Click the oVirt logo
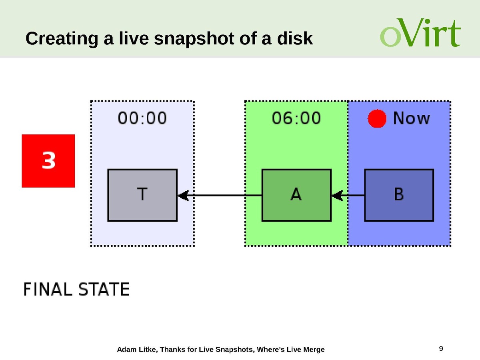[420, 33]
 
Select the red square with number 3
[48, 161]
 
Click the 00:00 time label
[142, 118]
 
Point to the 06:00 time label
[296, 118]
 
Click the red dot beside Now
[377, 118]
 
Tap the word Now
[412, 118]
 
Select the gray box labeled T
[142, 195]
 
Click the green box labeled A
[296, 195]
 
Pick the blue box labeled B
[399, 195]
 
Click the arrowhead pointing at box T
[183, 196]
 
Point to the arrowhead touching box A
[337, 196]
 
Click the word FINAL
[48, 289]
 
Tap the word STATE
[104, 289]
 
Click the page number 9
[441, 348]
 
